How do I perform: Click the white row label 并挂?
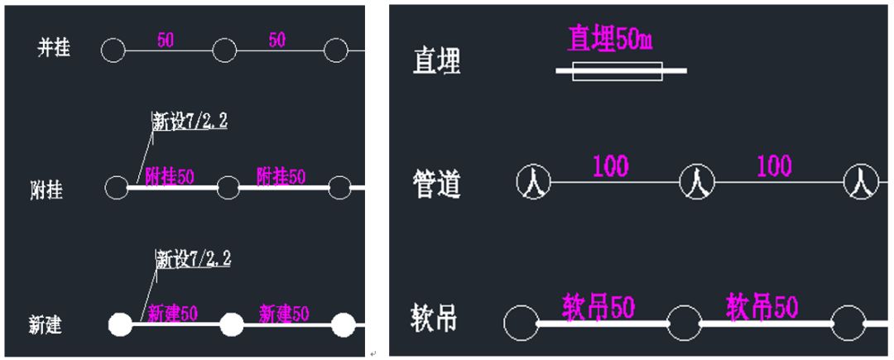[x=54, y=49]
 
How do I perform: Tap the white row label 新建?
[x=45, y=324]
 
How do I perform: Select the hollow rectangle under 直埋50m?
[x=617, y=72]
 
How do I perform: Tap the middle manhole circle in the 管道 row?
[x=696, y=181]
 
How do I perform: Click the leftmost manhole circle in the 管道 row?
[x=534, y=181]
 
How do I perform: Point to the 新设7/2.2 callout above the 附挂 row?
[x=190, y=122]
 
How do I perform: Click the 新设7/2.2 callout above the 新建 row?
[x=194, y=259]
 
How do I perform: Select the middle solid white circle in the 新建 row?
[x=231, y=324]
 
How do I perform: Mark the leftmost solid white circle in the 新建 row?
[x=121, y=324]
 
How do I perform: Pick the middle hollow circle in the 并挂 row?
[x=224, y=50]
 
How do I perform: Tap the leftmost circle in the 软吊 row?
[x=521, y=323]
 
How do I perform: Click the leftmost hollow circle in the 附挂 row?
[x=117, y=187]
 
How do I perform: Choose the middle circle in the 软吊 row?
[x=685, y=323]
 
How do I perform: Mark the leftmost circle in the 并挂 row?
[x=113, y=50]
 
